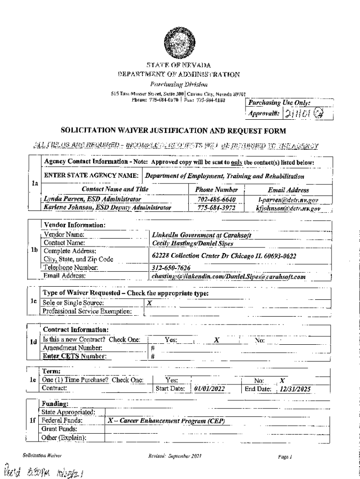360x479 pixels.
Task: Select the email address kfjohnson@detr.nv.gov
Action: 288,208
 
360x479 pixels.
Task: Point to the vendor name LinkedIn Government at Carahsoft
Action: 202,235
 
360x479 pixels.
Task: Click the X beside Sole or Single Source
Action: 149,303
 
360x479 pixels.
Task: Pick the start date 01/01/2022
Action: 210,388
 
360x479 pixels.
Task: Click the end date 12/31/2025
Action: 294,388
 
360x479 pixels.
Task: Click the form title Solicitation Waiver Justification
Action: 173,131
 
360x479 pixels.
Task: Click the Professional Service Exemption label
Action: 87,311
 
